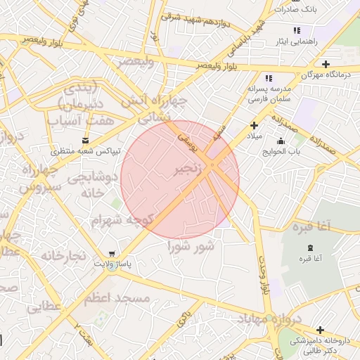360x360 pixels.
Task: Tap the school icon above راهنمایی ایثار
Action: [x=297, y=30]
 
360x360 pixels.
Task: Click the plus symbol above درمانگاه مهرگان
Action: [x=326, y=64]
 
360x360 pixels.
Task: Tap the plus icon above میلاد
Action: [x=254, y=125]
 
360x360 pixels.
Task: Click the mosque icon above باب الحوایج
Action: [x=281, y=141]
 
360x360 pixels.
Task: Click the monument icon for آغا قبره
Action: [x=311, y=247]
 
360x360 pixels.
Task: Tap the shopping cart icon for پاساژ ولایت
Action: [x=112, y=254]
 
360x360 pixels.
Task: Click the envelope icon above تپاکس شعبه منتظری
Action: [x=86, y=141]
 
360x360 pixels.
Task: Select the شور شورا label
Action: [x=191, y=246]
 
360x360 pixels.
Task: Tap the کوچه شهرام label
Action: [x=122, y=220]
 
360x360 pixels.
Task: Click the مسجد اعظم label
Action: [x=117, y=298]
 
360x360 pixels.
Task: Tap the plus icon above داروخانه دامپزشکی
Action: [x=320, y=330]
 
